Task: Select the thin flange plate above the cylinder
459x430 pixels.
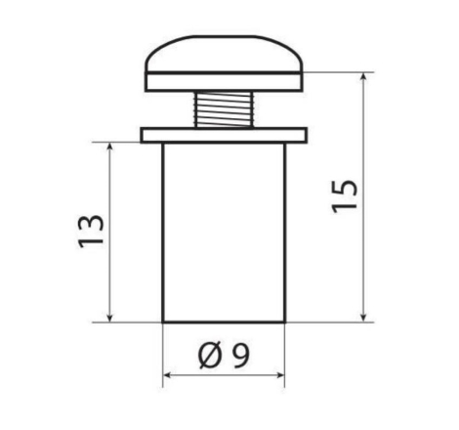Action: (x=225, y=135)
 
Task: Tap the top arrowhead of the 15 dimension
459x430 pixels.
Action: (x=364, y=77)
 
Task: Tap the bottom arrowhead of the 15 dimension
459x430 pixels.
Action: (x=364, y=315)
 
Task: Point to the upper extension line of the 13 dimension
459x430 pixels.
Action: (x=122, y=142)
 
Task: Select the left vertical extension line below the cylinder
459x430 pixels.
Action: (x=162, y=352)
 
